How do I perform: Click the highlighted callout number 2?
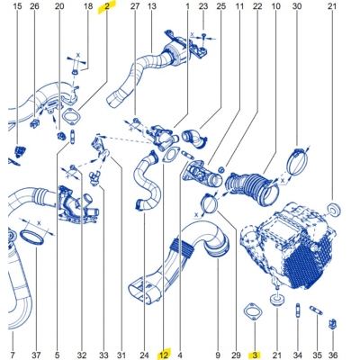tap(107, 6)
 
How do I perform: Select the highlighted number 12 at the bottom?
tap(164, 354)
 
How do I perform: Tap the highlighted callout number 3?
tap(255, 354)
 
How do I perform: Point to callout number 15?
tap(13, 6)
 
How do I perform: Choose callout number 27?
tap(135, 6)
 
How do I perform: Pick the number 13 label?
tap(151, 6)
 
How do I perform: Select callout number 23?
tap(203, 6)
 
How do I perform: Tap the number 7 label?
tap(12, 354)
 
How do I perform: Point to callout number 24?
tap(144, 354)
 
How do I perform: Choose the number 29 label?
tap(237, 354)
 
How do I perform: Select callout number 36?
tap(333, 354)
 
